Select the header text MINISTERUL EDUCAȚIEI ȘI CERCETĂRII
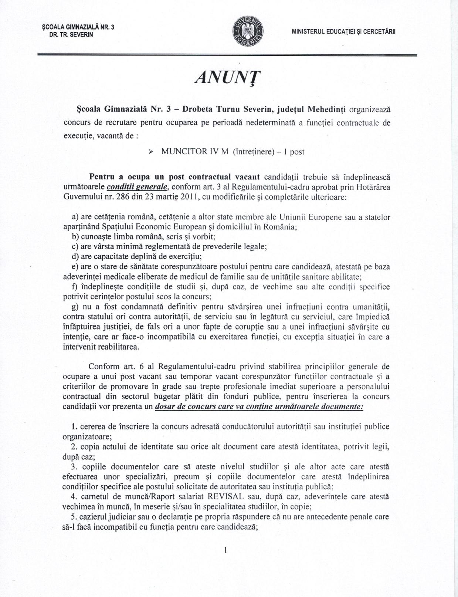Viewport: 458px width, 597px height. tap(343, 32)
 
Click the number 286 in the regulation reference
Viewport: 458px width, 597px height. tap(123, 197)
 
